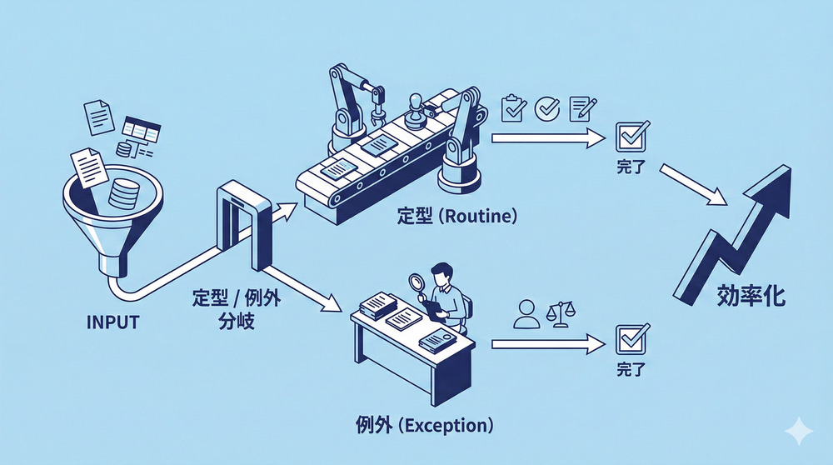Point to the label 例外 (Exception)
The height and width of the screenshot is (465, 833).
pos(423,425)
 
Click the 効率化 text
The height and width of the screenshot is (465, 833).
pos(751,297)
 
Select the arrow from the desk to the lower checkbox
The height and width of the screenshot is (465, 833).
pos(546,342)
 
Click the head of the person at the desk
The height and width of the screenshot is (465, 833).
pos(444,272)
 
